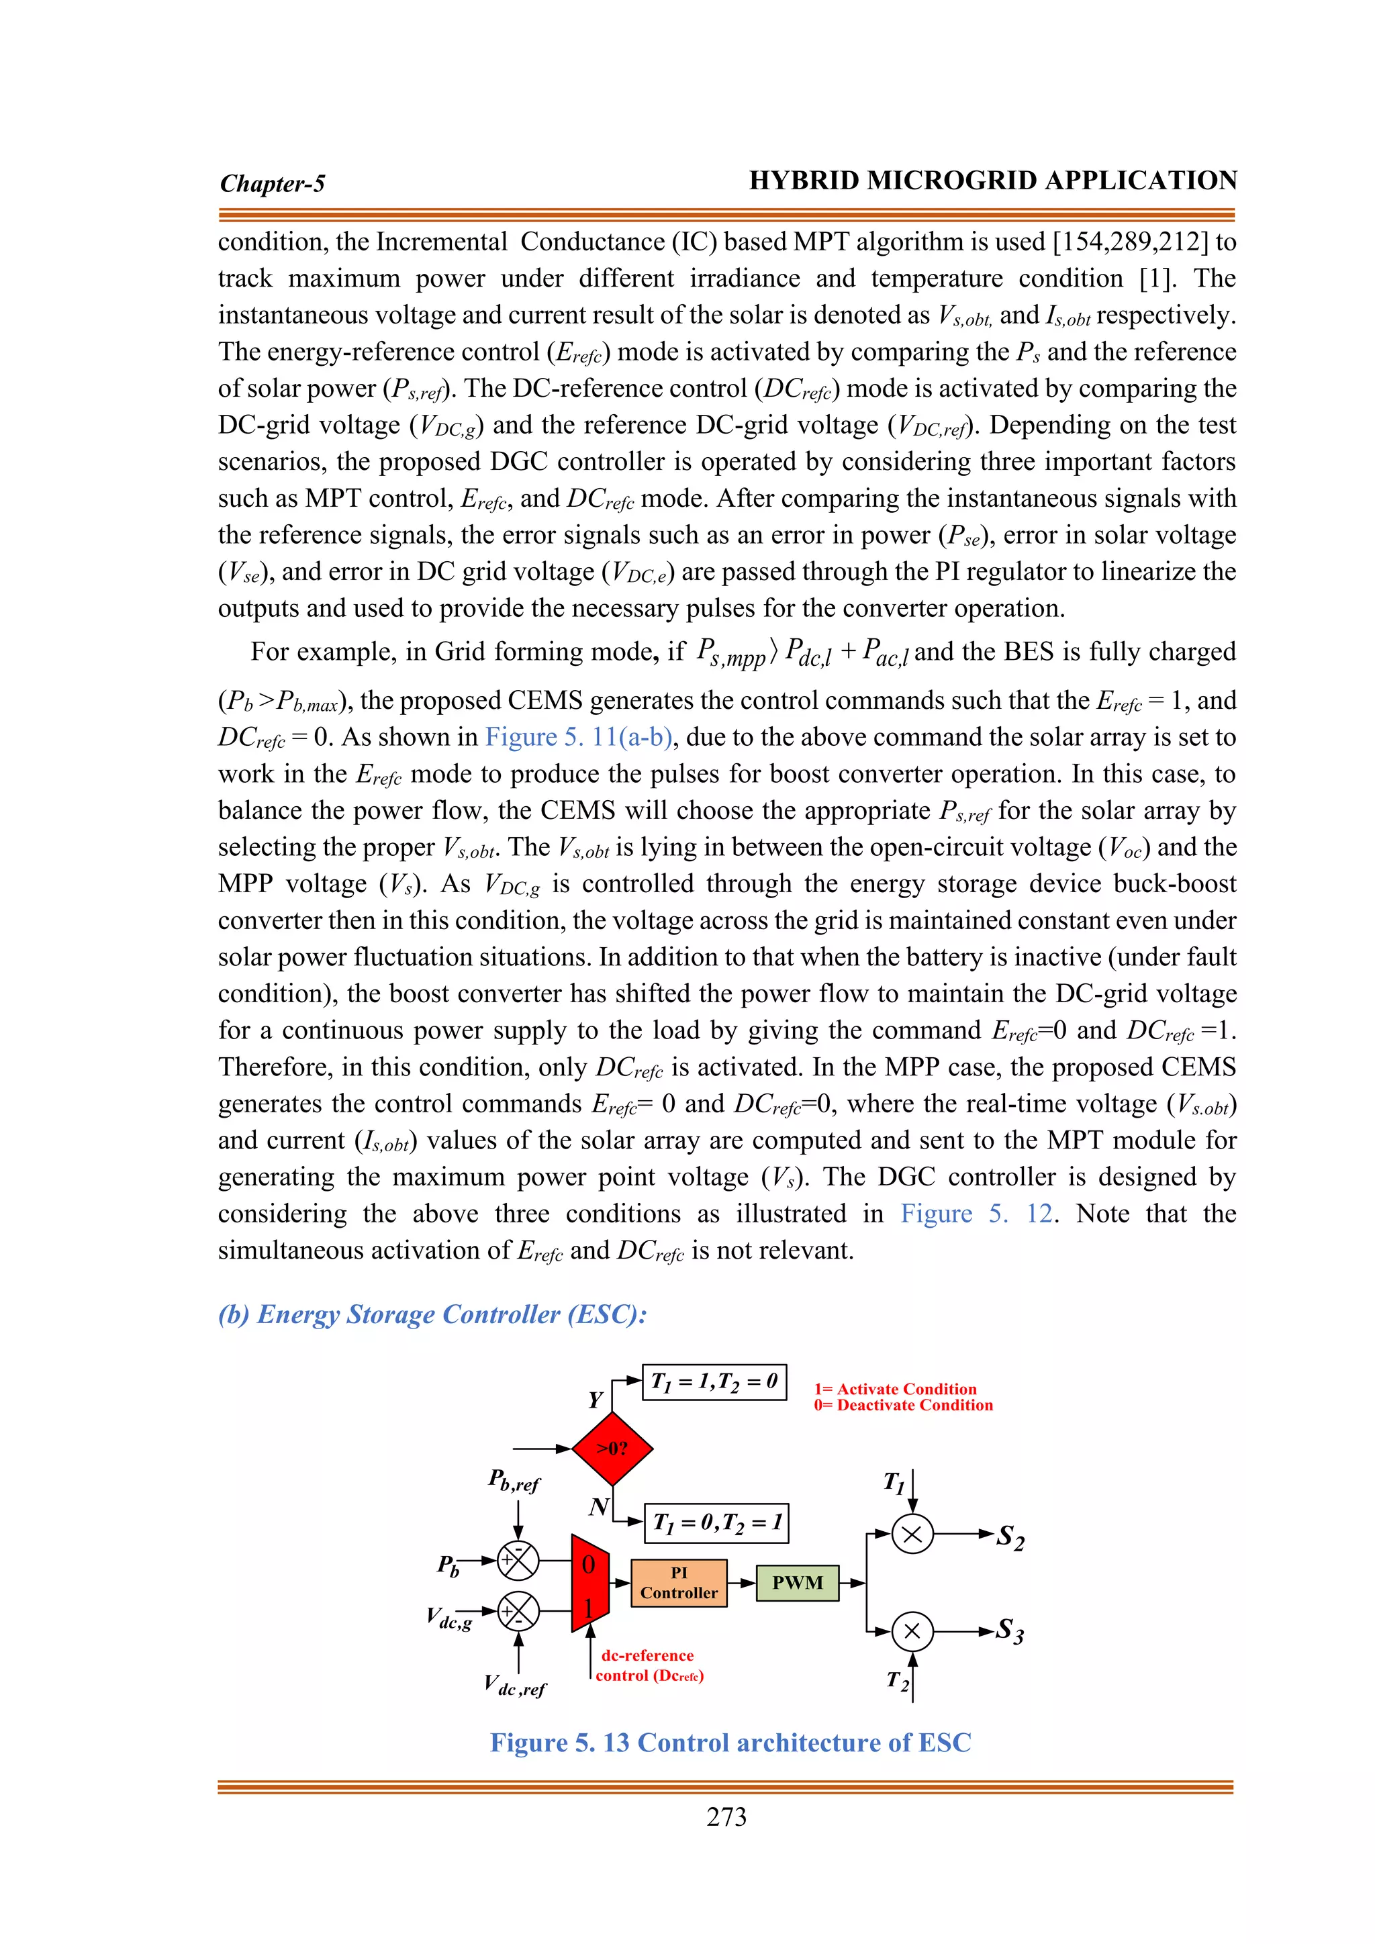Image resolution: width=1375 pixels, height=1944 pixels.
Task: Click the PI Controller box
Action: [x=678, y=1582]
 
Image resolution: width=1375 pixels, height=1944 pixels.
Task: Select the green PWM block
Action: [x=797, y=1582]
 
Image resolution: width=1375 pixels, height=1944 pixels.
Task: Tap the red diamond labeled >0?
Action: [x=612, y=1448]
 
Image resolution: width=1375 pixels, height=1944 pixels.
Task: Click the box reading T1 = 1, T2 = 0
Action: [x=714, y=1381]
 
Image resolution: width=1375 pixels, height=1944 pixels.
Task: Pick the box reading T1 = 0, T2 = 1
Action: [x=716, y=1522]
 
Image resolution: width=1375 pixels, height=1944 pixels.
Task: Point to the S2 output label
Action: [x=1010, y=1537]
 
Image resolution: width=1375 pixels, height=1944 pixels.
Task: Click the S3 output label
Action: [x=1010, y=1631]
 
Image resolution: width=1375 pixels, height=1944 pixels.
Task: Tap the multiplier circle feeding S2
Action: [x=912, y=1533]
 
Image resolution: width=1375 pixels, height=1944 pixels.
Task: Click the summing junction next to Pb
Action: [x=518, y=1559]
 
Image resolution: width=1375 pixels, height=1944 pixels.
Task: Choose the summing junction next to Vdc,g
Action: [x=518, y=1611]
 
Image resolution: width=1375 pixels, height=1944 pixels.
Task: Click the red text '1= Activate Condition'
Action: [x=895, y=1389]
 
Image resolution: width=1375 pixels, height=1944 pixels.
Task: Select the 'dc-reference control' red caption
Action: [x=649, y=1665]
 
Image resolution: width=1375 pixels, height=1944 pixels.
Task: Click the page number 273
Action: [x=726, y=1817]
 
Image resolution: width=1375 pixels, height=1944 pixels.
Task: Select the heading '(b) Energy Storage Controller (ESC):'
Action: [x=432, y=1314]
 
